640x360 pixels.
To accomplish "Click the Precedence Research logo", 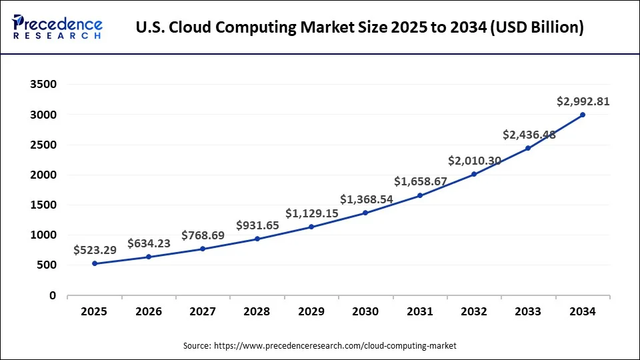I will (57, 27).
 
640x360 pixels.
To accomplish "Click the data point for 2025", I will (95, 263).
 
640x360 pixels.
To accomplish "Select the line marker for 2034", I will (583, 115).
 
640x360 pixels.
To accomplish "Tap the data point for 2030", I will (365, 213).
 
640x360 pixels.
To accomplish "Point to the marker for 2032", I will (474, 174).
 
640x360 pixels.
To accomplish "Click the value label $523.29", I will (95, 250).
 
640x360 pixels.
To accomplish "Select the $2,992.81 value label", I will (583, 102).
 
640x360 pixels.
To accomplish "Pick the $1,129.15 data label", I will (311, 213).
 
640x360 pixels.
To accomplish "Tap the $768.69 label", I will (203, 235).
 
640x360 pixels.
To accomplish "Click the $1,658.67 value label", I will (420, 181).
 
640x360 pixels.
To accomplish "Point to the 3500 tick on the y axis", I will (43, 85).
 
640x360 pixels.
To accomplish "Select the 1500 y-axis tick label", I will (43, 205).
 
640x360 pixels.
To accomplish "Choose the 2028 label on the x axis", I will (257, 311).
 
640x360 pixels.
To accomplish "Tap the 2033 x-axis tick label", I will (528, 311).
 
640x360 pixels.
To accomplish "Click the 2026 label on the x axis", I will (149, 311).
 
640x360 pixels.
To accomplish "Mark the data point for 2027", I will (203, 249).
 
